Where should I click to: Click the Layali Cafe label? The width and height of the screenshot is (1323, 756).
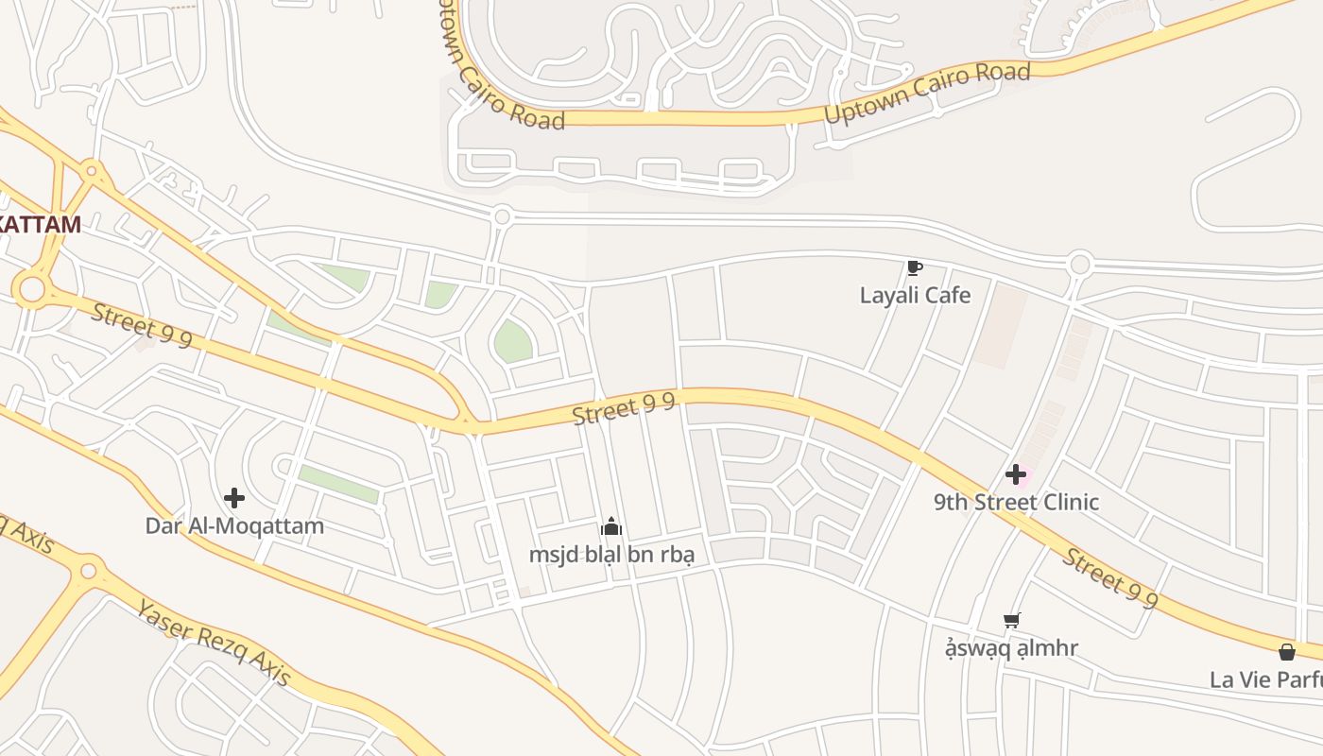point(915,295)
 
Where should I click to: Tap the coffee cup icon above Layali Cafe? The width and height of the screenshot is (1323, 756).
point(914,268)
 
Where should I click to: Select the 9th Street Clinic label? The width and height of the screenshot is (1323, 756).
point(1016,502)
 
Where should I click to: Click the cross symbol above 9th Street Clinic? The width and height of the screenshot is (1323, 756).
point(1016,473)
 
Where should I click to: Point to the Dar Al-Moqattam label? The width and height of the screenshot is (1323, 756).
point(234,525)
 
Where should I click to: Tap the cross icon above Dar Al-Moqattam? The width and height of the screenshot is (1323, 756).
point(234,498)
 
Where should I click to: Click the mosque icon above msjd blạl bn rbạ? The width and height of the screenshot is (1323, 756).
point(611,526)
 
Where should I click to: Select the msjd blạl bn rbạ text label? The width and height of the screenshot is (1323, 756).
point(611,554)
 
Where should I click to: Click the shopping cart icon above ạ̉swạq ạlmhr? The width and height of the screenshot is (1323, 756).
point(1012,621)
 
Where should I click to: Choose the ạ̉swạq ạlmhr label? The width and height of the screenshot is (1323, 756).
point(1012,648)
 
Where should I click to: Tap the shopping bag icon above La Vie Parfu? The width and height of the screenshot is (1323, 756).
point(1286,652)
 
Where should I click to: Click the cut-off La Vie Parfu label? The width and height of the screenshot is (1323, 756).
point(1266,679)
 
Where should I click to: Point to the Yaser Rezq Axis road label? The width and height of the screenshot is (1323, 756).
point(213,642)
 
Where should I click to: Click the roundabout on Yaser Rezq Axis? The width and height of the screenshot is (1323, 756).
point(88,571)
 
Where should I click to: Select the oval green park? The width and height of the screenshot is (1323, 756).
point(512,340)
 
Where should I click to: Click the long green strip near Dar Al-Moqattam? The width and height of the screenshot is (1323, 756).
point(338,484)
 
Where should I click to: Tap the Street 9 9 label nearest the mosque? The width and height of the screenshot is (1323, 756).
point(624,409)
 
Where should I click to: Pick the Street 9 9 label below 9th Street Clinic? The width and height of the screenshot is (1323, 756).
point(1110,576)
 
